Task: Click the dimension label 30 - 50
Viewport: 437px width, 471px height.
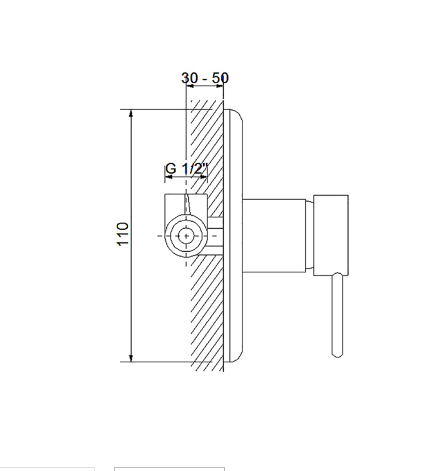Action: [205, 78]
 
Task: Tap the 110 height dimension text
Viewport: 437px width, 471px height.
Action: [123, 234]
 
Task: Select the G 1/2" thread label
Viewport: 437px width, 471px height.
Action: [186, 169]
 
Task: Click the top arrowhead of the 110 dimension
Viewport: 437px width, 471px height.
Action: [131, 113]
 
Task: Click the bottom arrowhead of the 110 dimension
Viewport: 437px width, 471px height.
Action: [131, 358]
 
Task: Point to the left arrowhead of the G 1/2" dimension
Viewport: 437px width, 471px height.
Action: [169, 177]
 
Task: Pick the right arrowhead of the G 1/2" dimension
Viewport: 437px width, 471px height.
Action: [204, 177]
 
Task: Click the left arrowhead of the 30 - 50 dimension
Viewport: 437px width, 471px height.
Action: [190, 86]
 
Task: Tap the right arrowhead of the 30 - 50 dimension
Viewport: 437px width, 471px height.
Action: [220, 86]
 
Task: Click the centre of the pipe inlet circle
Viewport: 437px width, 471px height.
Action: [186, 236]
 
